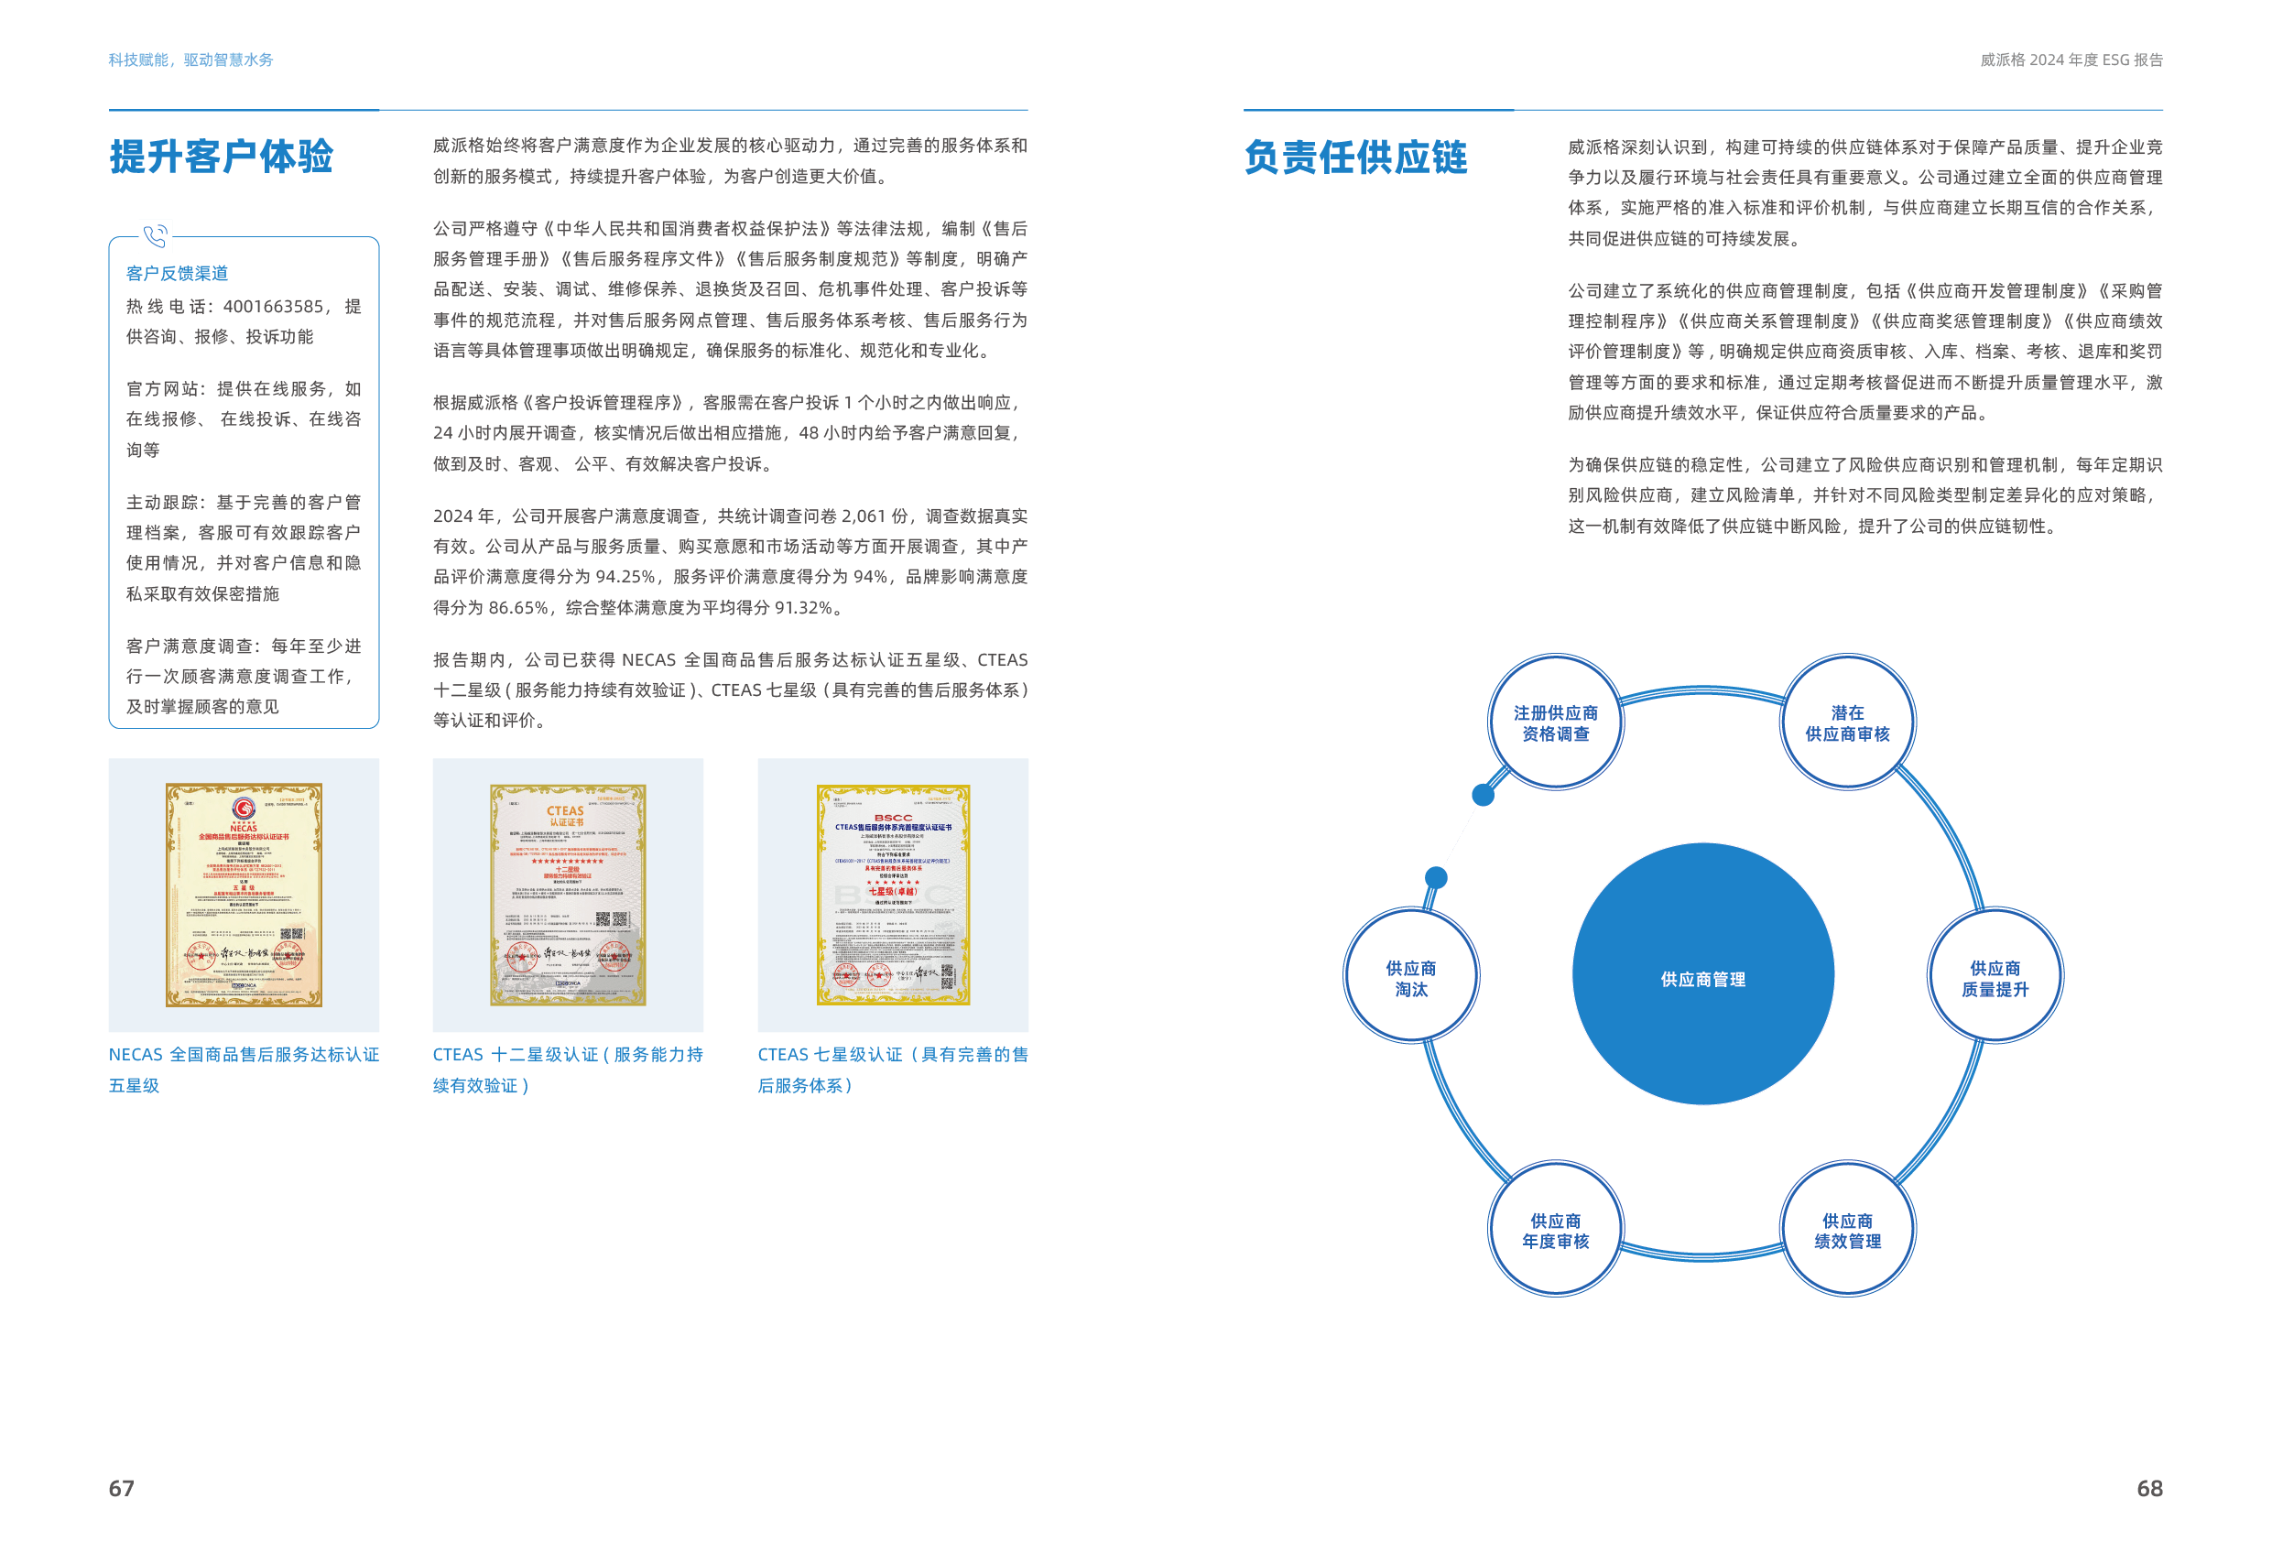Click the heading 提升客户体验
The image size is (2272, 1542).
221,157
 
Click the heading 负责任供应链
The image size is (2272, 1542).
1355,157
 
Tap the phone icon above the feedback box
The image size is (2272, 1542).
156,235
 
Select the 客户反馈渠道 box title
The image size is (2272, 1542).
177,274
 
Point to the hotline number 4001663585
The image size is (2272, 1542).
273,307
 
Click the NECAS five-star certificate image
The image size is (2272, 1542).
244,894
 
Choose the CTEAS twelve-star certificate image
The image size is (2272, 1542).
567,894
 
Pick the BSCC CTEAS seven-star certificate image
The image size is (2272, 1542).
893,894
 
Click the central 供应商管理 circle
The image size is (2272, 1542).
1702,974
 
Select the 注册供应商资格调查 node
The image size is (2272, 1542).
1554,722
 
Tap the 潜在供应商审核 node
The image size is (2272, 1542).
1847,722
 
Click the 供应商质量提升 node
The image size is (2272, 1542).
1995,977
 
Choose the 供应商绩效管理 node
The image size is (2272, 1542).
1847,1230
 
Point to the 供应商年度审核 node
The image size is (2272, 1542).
1554,1230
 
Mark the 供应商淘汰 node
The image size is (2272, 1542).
1410,977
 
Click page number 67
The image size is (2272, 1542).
121,1488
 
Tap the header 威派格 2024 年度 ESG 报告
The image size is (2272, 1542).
2071,60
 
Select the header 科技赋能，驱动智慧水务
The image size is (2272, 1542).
190,60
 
